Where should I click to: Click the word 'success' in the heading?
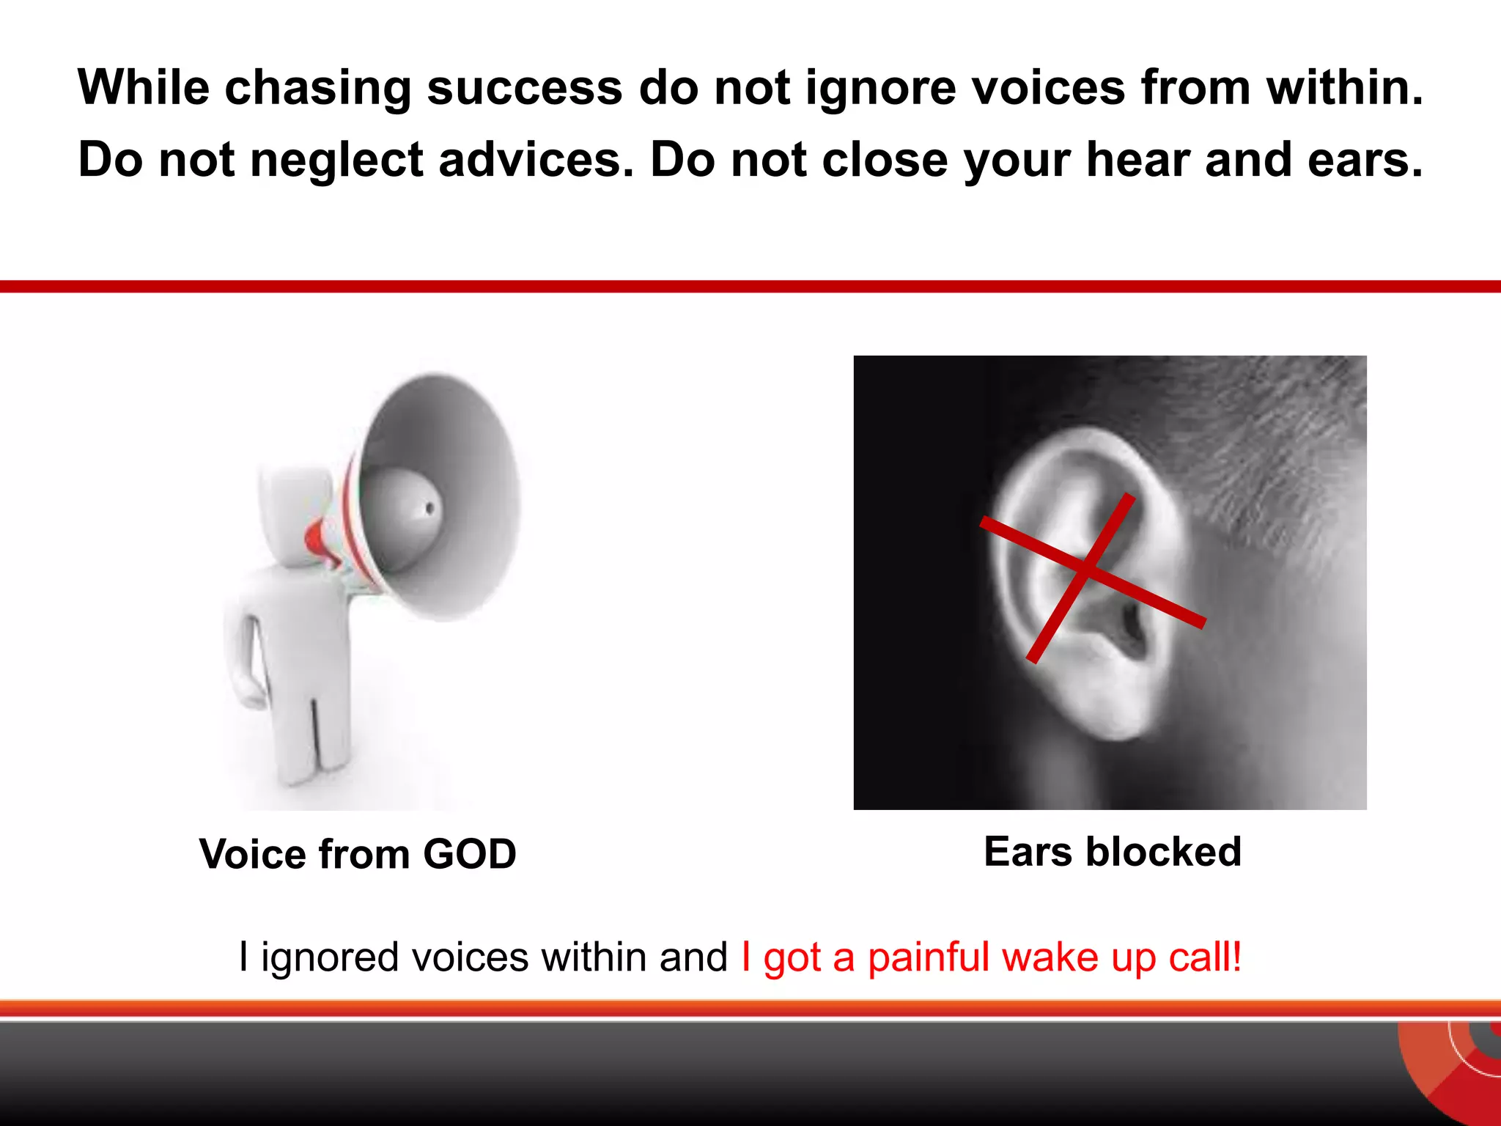pos(524,88)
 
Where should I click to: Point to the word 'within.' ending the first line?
pos(1344,87)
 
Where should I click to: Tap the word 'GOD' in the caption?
pos(470,854)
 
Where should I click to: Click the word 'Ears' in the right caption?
pos(1028,852)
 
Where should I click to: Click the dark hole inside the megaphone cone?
pos(429,507)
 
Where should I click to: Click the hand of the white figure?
pos(253,693)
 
